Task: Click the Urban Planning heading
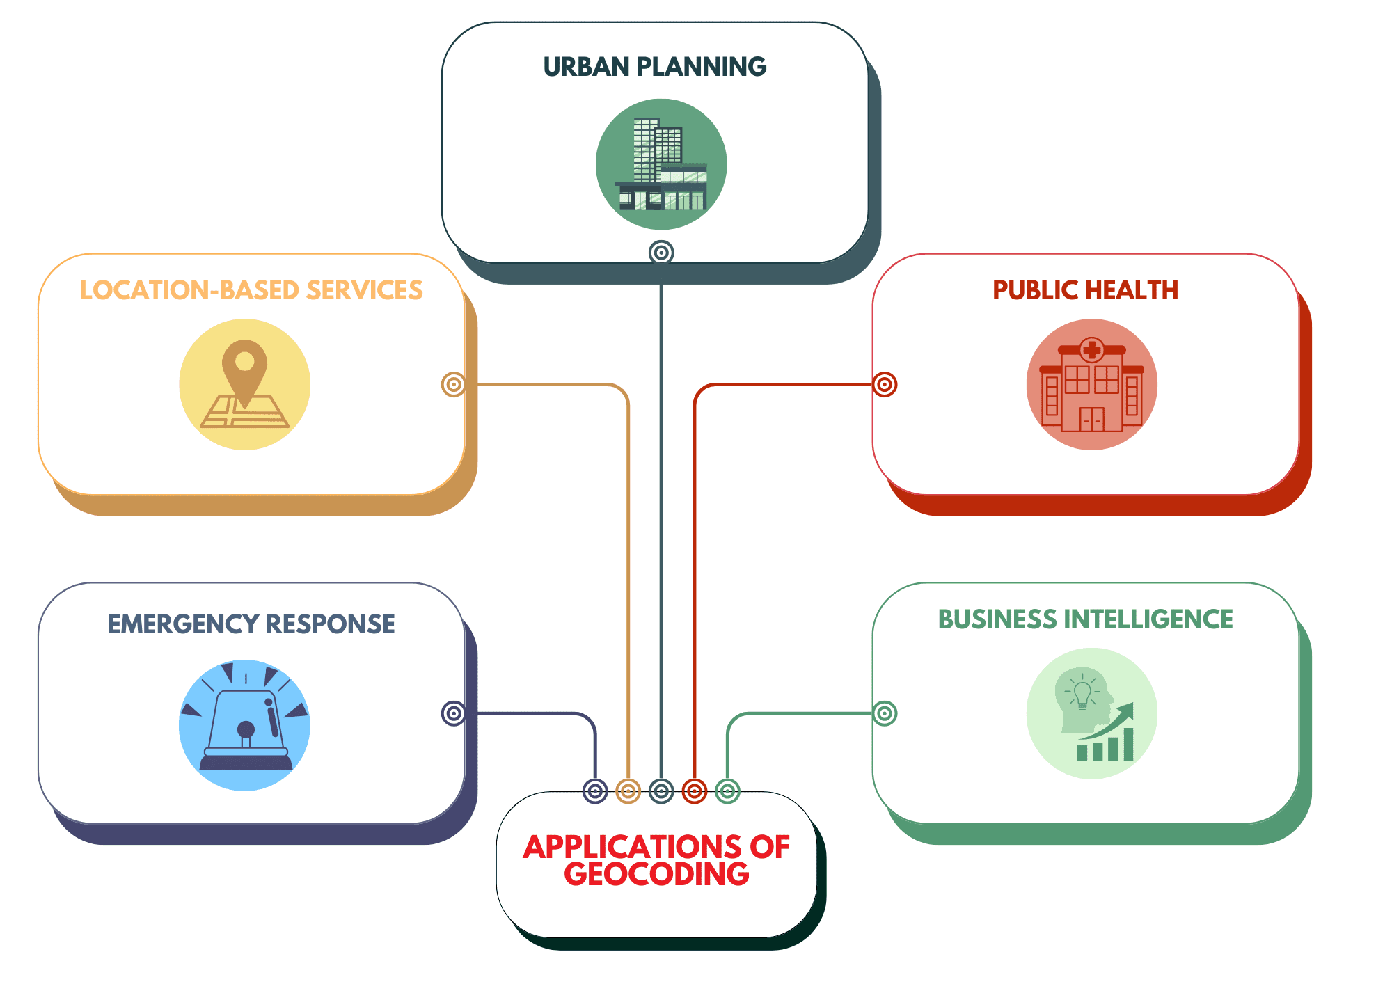pyautogui.click(x=654, y=67)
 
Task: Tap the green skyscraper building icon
pyautogui.click(x=661, y=164)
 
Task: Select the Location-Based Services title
pyautogui.click(x=251, y=290)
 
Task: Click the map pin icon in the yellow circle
pyautogui.click(x=244, y=384)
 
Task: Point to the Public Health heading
pyautogui.click(x=1085, y=290)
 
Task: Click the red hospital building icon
pyautogui.click(x=1091, y=385)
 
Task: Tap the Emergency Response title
pyautogui.click(x=251, y=624)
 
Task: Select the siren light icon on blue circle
pyautogui.click(x=244, y=725)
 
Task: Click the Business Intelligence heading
pyautogui.click(x=1085, y=619)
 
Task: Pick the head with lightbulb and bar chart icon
pyautogui.click(x=1091, y=713)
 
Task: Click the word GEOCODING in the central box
pyautogui.click(x=656, y=875)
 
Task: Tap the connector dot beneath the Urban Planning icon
pyautogui.click(x=661, y=252)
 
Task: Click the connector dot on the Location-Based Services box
pyautogui.click(x=453, y=384)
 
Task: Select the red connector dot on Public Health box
pyautogui.click(x=885, y=384)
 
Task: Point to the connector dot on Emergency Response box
pyautogui.click(x=453, y=713)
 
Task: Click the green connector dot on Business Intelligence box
pyautogui.click(x=885, y=713)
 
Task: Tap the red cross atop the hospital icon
pyautogui.click(x=1092, y=349)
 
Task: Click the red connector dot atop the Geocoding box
pyautogui.click(x=694, y=791)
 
